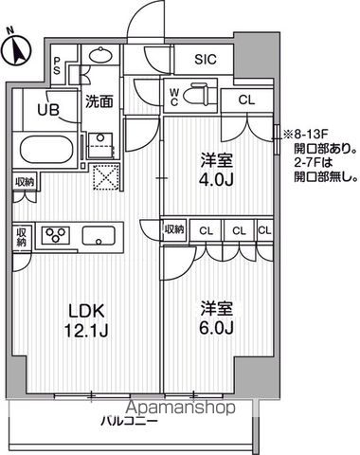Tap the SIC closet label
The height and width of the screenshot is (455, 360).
(206, 59)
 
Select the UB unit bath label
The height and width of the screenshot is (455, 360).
(46, 109)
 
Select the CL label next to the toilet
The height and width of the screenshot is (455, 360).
(245, 99)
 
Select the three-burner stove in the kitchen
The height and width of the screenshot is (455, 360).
(54, 235)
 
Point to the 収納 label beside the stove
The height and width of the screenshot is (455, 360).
(21, 236)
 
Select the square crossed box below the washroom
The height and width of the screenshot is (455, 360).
(102, 177)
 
